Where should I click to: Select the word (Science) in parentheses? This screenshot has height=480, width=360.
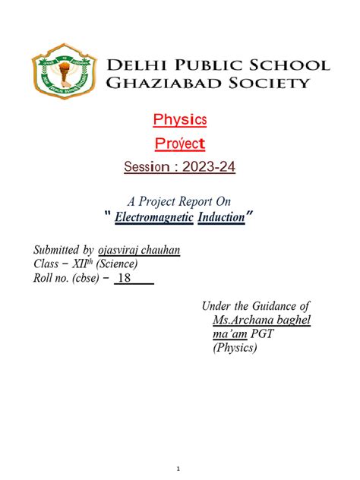[x=113, y=264]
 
